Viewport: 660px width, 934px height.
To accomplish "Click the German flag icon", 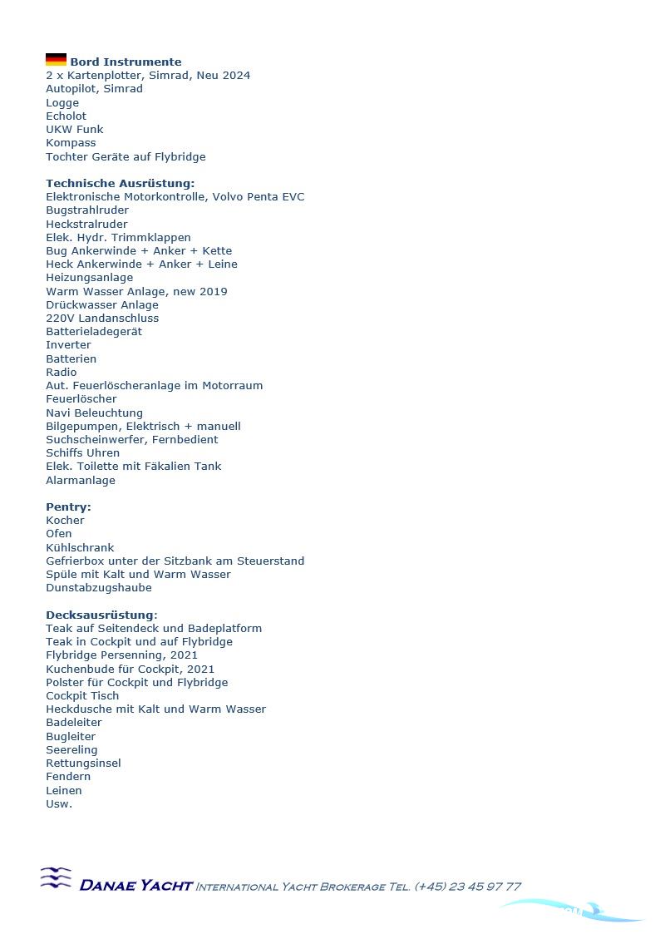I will point(56,60).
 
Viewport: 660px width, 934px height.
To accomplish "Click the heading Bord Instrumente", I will point(126,62).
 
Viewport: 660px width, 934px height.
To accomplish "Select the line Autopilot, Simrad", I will point(94,89).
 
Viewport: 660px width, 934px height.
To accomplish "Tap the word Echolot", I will point(66,116).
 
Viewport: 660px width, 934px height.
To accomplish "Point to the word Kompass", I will point(71,143).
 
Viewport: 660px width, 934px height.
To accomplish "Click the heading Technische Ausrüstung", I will point(120,183).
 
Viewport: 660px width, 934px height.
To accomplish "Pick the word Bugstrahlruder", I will point(87,210).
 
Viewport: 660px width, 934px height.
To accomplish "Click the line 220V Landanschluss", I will point(102,319).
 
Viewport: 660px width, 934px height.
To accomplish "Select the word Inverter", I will point(68,345).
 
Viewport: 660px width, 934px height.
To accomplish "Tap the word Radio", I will point(61,373).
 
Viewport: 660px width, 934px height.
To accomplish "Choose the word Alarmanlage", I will point(81,481).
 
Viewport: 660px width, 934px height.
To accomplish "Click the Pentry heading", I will point(68,507).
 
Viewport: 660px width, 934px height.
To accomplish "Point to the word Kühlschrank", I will point(80,548).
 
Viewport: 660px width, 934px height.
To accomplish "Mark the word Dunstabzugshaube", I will point(99,588).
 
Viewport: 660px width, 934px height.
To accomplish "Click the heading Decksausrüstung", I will point(101,615).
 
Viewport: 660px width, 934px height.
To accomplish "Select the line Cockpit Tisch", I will point(82,696).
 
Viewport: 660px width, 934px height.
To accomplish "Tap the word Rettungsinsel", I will point(83,764).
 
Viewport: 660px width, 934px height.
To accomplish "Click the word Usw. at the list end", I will point(59,804).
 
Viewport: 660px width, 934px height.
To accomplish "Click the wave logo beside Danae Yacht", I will point(56,878).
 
